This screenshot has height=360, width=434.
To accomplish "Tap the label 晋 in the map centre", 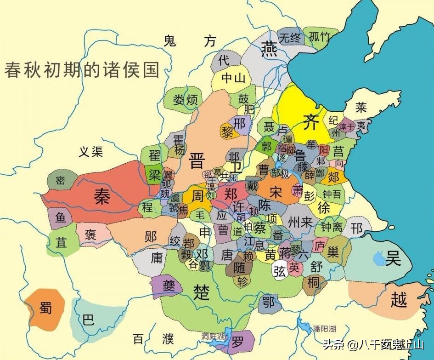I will click(197, 161).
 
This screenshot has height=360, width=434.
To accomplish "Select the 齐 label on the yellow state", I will click(310, 122).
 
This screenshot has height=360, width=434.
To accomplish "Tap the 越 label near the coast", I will click(398, 300).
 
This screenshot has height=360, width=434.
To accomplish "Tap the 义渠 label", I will click(90, 152).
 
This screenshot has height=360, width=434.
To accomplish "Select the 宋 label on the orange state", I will click(276, 192).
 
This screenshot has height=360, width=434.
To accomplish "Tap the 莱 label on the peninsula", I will click(361, 108).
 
